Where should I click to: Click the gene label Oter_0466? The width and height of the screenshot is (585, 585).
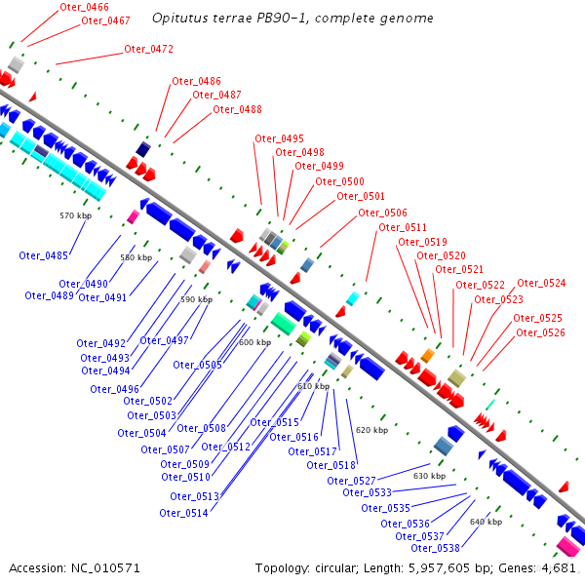tap(84, 7)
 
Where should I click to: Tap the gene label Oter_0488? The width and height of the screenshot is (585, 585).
tap(238, 109)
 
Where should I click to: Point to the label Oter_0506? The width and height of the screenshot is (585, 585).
tap(382, 213)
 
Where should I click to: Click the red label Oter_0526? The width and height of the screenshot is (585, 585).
tap(539, 332)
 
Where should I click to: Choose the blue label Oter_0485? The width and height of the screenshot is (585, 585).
tap(43, 255)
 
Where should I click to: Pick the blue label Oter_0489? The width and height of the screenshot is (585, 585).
tap(49, 295)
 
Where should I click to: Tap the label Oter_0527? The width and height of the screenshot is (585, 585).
tap(351, 481)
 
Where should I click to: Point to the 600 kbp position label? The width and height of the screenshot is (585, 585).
tap(254, 342)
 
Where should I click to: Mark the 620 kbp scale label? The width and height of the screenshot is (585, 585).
tap(371, 429)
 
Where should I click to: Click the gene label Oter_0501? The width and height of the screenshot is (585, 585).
tap(361, 197)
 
